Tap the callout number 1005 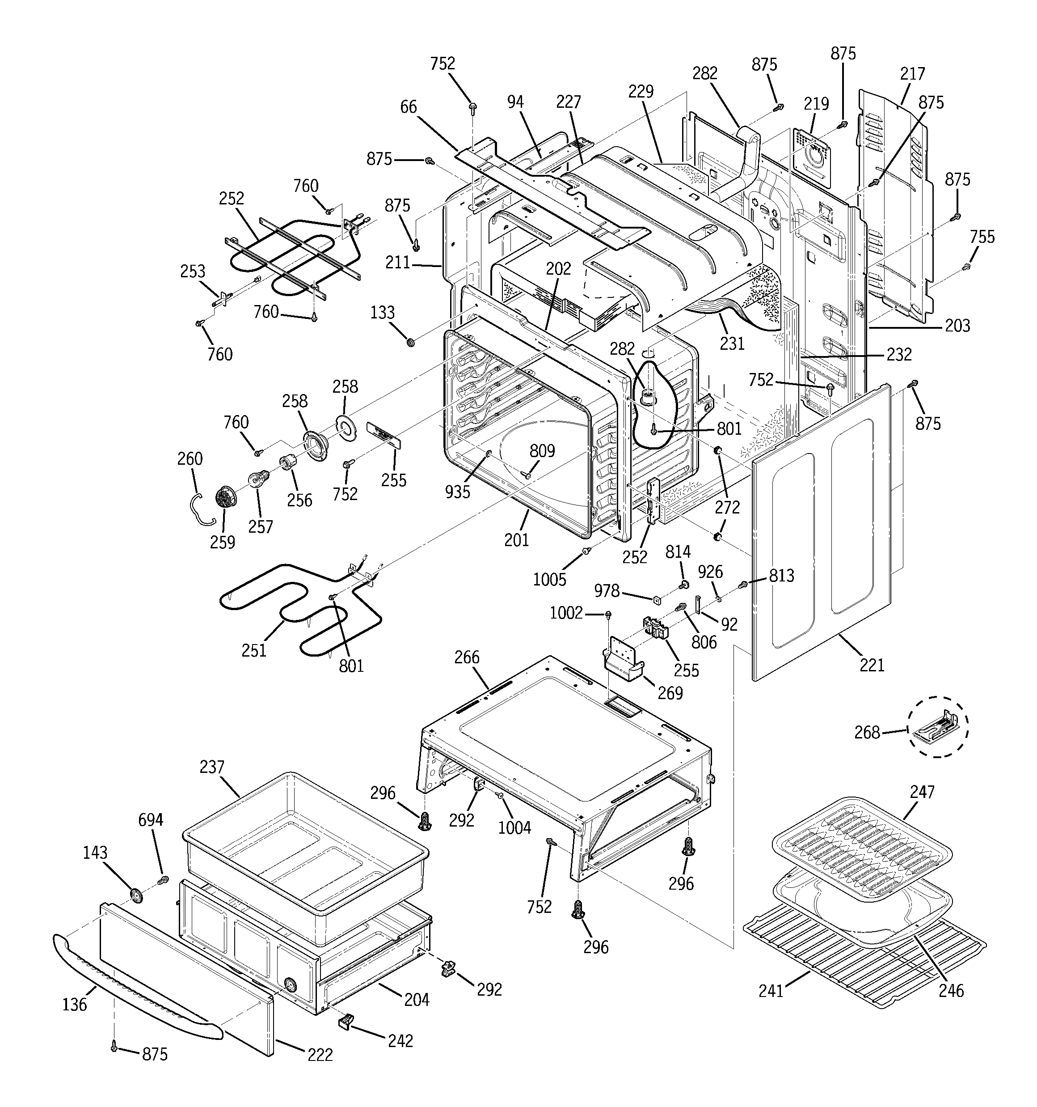click(x=549, y=579)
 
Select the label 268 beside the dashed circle click(x=867, y=732)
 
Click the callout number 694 click(x=150, y=820)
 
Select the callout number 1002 click(x=565, y=613)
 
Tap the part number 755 click(x=982, y=237)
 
